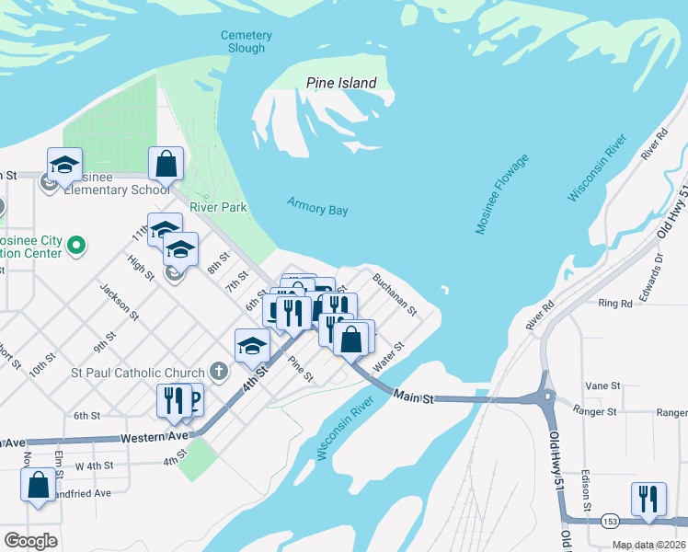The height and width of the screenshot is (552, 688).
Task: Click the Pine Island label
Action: (x=341, y=84)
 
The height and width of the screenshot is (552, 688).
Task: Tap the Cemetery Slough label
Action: (x=246, y=42)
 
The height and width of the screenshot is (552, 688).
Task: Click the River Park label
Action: (x=218, y=208)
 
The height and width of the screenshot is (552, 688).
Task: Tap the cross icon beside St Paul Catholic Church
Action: (x=218, y=373)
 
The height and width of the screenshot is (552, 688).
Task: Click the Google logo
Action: (x=30, y=541)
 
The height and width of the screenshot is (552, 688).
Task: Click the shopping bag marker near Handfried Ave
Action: (x=39, y=486)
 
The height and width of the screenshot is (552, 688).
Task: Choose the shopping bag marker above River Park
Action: (x=166, y=165)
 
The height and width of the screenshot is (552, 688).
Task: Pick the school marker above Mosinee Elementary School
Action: (x=65, y=165)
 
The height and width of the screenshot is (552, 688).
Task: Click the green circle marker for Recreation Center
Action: (x=77, y=246)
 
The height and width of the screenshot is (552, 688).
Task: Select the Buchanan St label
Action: (x=395, y=292)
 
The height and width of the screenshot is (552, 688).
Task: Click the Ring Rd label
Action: (x=614, y=303)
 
